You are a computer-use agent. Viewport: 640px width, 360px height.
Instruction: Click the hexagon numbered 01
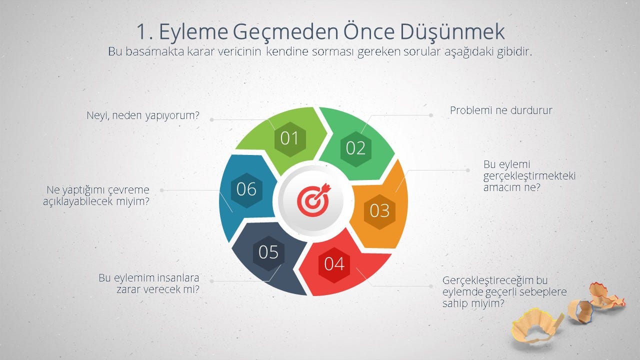tap(290, 139)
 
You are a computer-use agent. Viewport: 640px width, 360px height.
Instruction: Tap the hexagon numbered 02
tap(356, 149)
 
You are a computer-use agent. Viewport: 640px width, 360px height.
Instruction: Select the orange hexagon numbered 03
tap(379, 211)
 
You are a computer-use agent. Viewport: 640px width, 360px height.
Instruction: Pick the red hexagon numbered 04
tap(334, 265)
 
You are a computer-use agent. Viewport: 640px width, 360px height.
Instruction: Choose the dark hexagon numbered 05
tap(268, 253)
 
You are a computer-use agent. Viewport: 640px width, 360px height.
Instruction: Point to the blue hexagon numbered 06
tap(246, 190)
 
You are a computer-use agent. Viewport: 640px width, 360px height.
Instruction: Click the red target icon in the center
tap(313, 199)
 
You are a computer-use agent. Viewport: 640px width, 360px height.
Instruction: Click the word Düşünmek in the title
tap(452, 31)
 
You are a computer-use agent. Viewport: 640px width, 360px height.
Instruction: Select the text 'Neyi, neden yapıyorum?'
tap(143, 115)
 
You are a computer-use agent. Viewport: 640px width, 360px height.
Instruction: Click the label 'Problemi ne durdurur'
tap(501, 110)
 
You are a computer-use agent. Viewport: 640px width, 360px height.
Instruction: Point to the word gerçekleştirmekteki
tap(529, 176)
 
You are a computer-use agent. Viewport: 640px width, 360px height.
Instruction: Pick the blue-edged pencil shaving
tap(580, 311)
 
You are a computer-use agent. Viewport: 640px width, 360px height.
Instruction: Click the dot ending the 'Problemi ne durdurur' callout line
tap(431, 115)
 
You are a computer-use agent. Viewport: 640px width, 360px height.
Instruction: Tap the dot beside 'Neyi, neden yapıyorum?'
tap(211, 119)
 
